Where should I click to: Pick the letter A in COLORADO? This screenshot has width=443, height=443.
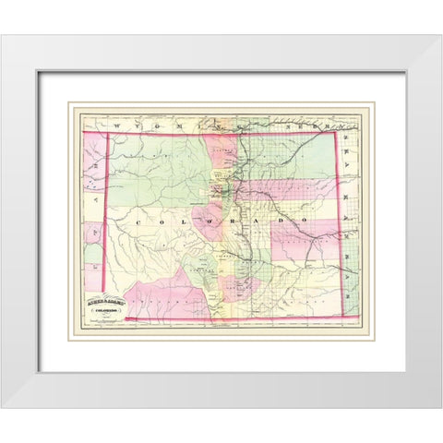tap(253, 222)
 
